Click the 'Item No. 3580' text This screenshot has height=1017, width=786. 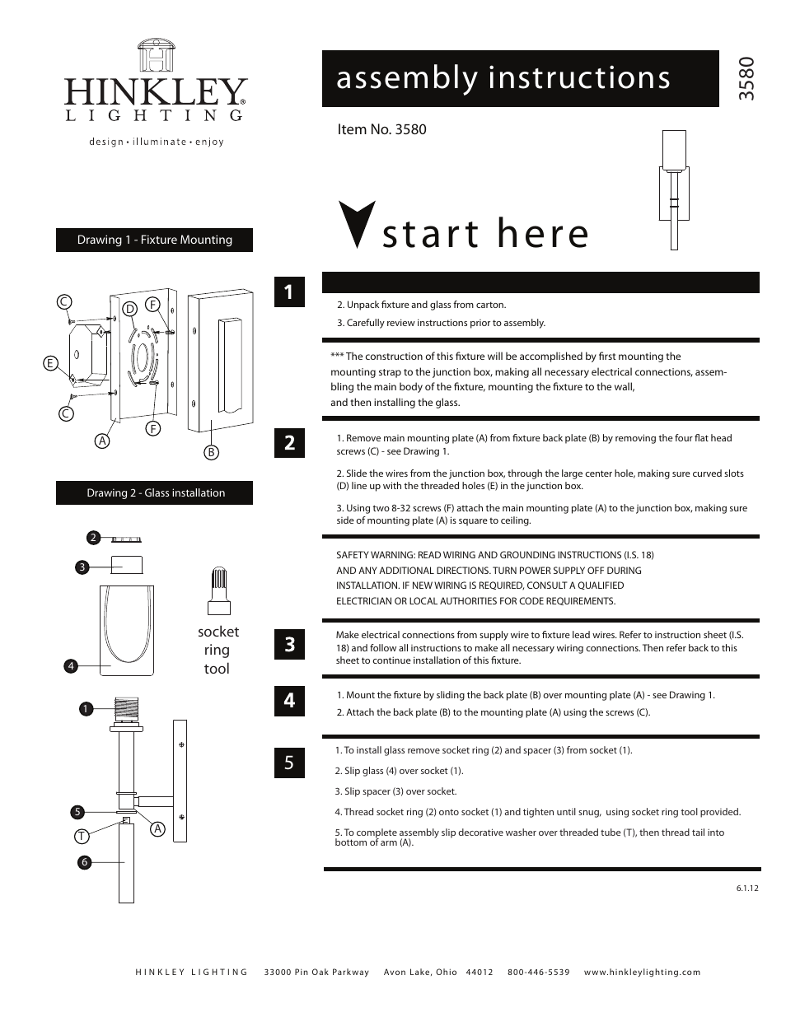point(381,129)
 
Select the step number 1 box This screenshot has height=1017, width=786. point(289,292)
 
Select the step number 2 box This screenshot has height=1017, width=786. point(289,442)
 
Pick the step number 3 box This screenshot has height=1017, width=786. point(289,644)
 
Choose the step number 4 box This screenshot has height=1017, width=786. point(289,700)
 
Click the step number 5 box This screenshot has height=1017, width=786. point(289,763)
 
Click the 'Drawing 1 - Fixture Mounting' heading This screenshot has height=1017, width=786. point(154,240)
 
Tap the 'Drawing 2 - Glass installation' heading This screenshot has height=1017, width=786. point(155,492)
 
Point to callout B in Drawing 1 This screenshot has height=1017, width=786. point(211,452)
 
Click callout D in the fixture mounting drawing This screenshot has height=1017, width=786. point(129,308)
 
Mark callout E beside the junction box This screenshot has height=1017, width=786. point(50,363)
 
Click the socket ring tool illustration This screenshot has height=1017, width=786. point(218,590)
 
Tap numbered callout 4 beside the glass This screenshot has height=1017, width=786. point(71,665)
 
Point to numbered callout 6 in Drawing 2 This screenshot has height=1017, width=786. point(83,862)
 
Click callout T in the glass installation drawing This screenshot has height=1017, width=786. point(82,836)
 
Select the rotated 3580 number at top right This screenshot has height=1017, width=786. point(746,79)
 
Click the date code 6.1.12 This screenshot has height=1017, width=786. point(746,889)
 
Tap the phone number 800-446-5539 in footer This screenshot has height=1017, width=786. point(538,973)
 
